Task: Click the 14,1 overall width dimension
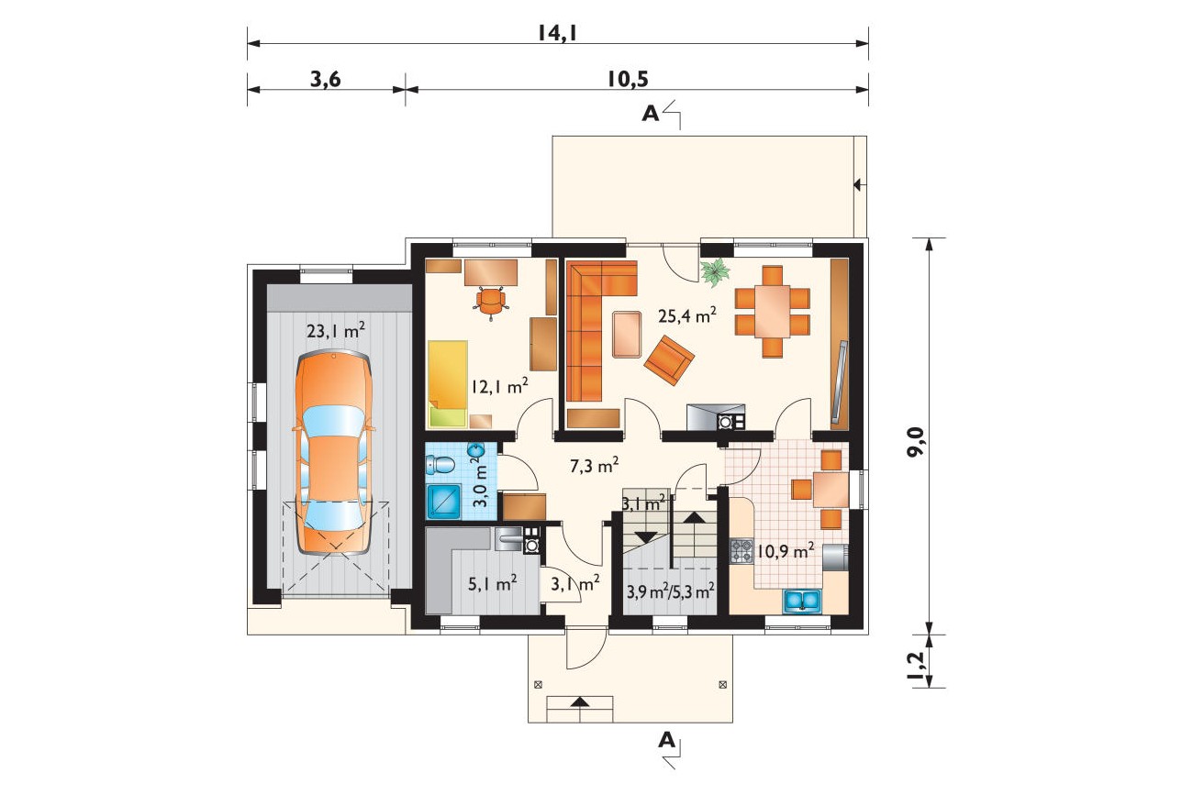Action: click(558, 34)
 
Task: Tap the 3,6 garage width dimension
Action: click(326, 79)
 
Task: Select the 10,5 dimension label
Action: click(628, 79)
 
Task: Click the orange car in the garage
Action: click(333, 453)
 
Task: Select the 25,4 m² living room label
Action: click(687, 315)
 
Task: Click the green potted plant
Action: click(715, 272)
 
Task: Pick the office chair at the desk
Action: click(491, 303)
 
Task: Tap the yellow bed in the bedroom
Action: click(448, 383)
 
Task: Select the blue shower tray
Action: click(444, 502)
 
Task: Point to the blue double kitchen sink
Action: click(802, 600)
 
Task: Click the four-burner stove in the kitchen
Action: click(741, 551)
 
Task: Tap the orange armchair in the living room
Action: click(669, 359)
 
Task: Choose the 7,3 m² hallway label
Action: click(595, 466)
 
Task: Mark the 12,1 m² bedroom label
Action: click(499, 386)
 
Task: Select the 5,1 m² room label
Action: click(492, 584)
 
